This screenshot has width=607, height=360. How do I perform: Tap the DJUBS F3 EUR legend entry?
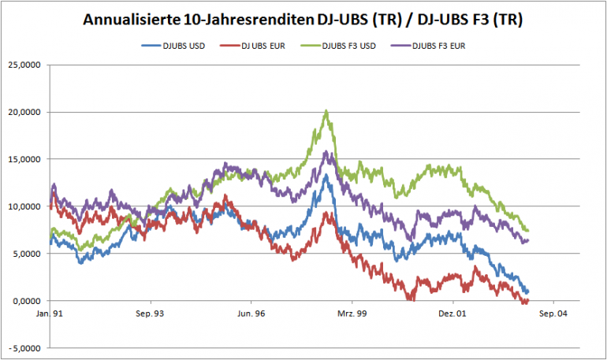[x=438, y=45]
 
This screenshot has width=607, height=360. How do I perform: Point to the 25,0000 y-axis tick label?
[x=25, y=65]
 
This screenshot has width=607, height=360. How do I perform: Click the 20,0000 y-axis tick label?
[x=25, y=112]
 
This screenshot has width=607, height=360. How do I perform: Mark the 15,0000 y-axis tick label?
[x=25, y=159]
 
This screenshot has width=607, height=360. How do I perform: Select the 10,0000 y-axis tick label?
[x=25, y=206]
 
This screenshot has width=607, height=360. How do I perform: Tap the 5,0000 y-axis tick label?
[x=28, y=254]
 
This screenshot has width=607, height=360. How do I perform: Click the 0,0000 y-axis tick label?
[x=28, y=301]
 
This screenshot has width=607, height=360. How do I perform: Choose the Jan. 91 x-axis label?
[x=50, y=314]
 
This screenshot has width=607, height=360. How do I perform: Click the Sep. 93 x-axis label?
[x=150, y=314]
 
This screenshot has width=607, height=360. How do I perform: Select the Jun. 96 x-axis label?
[x=251, y=314]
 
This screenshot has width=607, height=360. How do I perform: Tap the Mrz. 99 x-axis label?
[x=352, y=314]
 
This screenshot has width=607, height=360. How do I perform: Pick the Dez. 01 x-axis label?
[x=452, y=314]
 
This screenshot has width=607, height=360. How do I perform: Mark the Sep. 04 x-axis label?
[x=553, y=314]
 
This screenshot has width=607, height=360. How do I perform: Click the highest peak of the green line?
[x=326, y=111]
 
